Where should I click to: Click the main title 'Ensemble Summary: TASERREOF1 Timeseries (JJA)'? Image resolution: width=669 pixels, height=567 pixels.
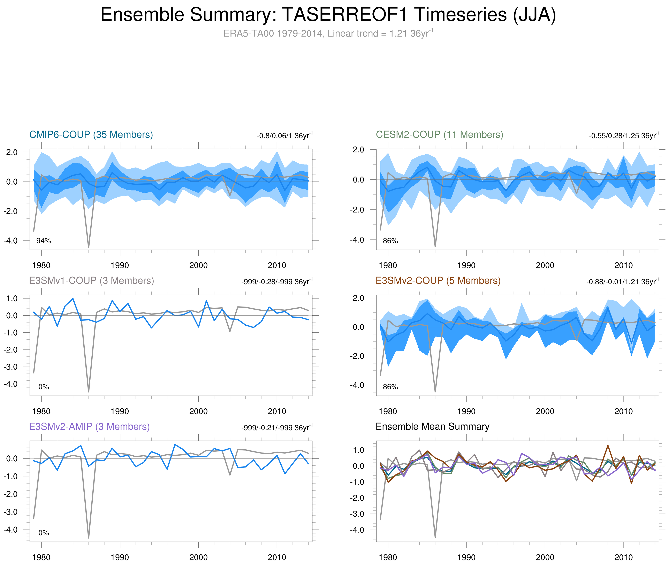pos(328,15)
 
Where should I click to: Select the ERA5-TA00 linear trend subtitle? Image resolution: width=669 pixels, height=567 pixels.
pos(328,34)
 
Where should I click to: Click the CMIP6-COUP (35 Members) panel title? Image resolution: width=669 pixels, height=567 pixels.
pos(91,135)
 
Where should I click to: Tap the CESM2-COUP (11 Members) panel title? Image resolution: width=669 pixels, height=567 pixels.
pos(439,135)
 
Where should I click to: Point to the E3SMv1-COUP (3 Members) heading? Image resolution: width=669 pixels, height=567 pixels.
pos(92,281)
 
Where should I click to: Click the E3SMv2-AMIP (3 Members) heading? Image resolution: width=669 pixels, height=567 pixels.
pos(89,427)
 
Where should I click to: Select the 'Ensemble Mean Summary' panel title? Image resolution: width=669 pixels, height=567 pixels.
pos(432,427)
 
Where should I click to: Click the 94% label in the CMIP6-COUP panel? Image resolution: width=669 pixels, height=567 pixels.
pos(44,241)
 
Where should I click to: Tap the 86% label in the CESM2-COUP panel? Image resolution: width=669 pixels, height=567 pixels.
pos(390,241)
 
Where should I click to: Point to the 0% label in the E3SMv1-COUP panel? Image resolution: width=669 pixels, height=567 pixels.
pos(44,387)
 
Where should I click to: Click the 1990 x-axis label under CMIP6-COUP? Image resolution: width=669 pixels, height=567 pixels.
pos(120,265)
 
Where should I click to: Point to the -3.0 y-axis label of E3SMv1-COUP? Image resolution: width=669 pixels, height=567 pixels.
pos(11,367)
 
